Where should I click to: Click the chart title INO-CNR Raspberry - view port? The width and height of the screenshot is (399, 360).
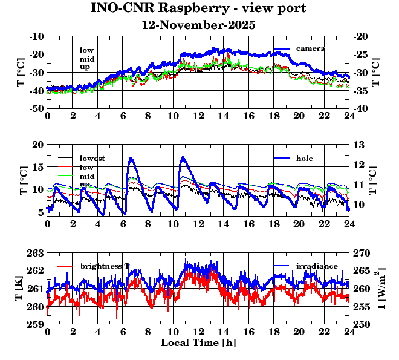(x=198, y=8)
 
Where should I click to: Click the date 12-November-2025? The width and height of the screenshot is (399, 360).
(x=198, y=25)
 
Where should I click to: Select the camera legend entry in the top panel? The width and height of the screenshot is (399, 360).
(x=314, y=48)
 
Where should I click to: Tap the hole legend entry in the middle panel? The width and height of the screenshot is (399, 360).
(x=305, y=158)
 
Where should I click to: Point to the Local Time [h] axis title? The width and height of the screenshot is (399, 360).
(x=198, y=342)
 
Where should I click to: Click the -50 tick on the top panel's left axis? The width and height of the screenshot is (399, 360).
(x=37, y=108)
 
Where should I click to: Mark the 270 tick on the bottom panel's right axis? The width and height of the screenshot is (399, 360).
(x=361, y=253)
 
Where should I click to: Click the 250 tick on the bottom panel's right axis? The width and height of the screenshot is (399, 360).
(x=361, y=325)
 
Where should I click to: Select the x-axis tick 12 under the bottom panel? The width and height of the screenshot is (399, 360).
(x=198, y=333)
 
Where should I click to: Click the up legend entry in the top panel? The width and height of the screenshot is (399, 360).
(x=85, y=67)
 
